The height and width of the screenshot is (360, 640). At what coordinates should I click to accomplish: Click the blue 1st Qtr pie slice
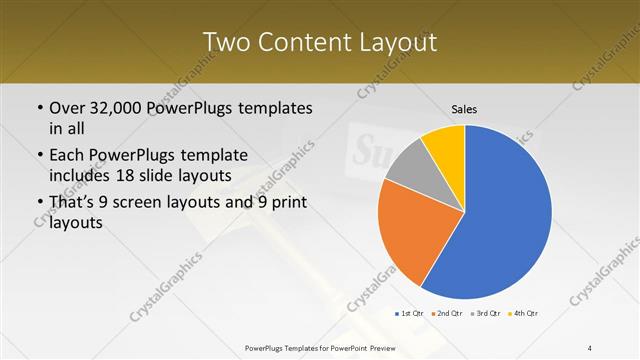coord(500,220)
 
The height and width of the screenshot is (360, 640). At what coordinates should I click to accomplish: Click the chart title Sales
coord(464,108)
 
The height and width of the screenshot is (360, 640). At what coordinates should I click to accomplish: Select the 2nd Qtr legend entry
coord(446,314)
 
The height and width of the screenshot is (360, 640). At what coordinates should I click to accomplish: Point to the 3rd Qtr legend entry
coord(485,314)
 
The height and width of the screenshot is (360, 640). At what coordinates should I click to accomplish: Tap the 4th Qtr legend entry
coord(524,314)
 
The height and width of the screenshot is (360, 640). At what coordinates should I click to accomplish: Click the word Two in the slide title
coord(228,42)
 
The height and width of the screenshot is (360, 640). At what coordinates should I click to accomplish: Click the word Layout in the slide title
coord(391,42)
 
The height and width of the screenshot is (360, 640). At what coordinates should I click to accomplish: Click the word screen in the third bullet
coord(163,203)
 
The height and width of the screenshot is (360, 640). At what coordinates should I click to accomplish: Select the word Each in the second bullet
coord(67,155)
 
